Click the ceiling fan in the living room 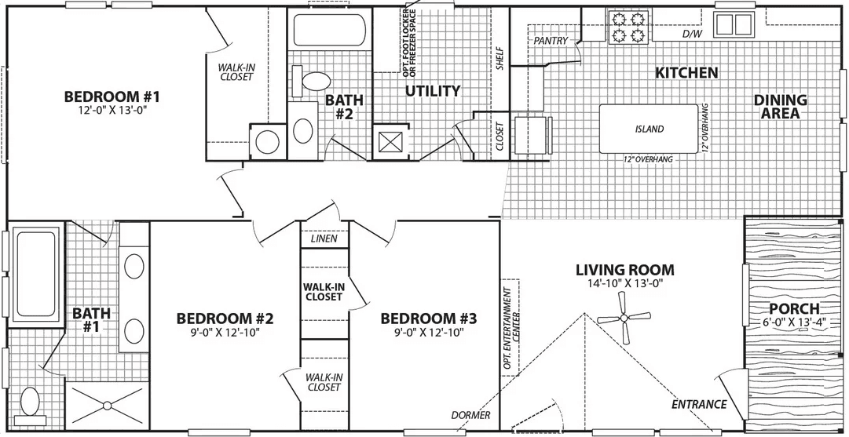[624, 319]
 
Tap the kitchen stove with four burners [628, 27]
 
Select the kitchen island [649, 129]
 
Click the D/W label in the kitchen [692, 35]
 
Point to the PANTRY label [551, 40]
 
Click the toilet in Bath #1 [31, 402]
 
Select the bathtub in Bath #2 [329, 31]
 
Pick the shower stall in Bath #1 [104, 406]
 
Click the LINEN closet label [324, 239]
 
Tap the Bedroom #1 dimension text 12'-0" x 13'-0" [112, 111]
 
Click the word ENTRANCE [698, 405]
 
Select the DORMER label [470, 415]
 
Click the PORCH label [794, 308]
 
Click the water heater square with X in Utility [390, 143]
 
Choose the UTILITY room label [432, 91]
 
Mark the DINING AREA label [780, 107]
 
